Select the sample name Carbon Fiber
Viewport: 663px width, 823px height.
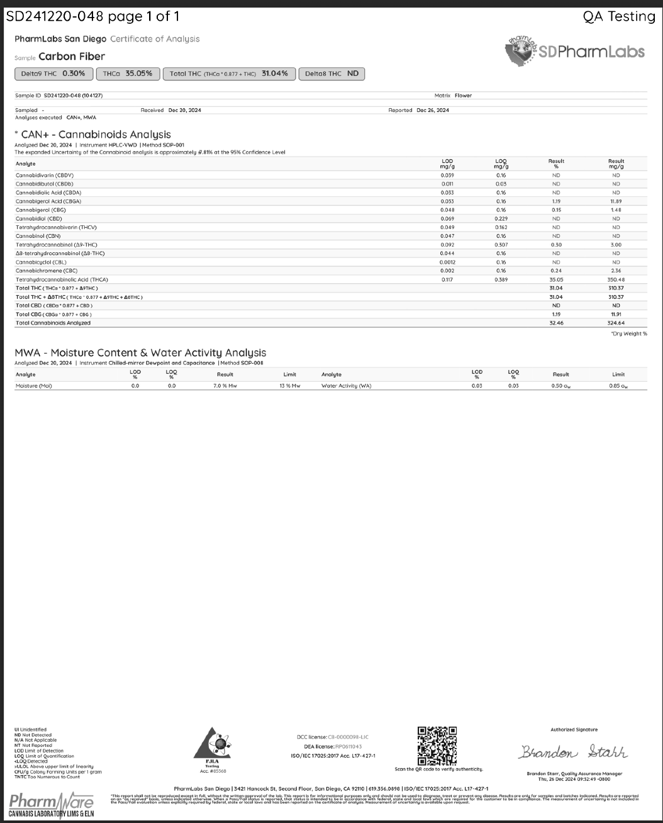(x=72, y=57)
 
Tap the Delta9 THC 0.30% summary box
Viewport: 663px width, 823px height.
(x=53, y=74)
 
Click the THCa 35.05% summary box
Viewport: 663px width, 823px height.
(x=128, y=74)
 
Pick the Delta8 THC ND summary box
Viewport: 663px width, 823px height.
(x=331, y=74)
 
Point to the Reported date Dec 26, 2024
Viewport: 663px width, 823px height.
(x=433, y=110)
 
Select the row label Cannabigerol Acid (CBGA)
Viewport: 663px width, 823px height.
(x=48, y=201)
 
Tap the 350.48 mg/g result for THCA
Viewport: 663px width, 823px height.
(x=616, y=279)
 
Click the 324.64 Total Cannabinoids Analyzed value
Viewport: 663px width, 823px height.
(x=616, y=323)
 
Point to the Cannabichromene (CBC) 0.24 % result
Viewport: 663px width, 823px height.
(x=556, y=271)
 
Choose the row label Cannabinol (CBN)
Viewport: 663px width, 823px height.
(x=38, y=236)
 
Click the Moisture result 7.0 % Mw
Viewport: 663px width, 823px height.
(x=225, y=386)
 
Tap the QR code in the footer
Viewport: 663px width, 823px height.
(x=437, y=746)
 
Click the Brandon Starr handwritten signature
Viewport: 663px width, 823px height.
(x=574, y=752)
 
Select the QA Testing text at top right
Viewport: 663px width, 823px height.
(x=619, y=17)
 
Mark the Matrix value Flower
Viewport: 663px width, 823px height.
(x=463, y=96)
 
